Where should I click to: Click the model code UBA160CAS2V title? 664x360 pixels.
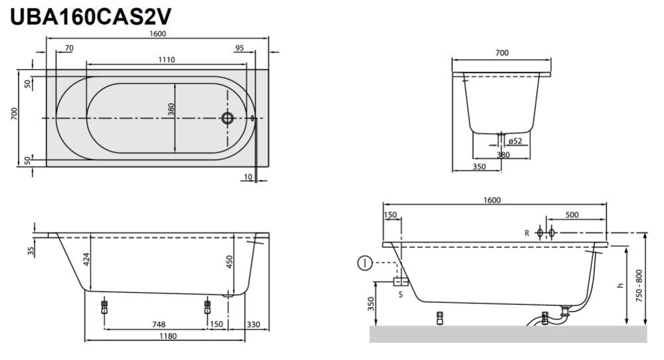(x=90, y=17)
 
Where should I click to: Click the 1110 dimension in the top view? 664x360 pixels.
(x=167, y=60)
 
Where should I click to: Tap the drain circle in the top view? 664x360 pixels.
(x=227, y=118)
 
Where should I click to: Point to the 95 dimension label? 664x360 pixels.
(x=240, y=48)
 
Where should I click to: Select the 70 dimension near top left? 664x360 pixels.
(x=69, y=48)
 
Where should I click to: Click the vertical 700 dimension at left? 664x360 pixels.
(x=15, y=114)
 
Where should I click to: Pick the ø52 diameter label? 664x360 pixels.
(x=515, y=141)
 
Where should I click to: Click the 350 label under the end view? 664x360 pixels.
(x=479, y=167)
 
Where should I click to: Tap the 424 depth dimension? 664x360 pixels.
(x=86, y=259)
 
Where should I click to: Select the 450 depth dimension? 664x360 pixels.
(x=229, y=262)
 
